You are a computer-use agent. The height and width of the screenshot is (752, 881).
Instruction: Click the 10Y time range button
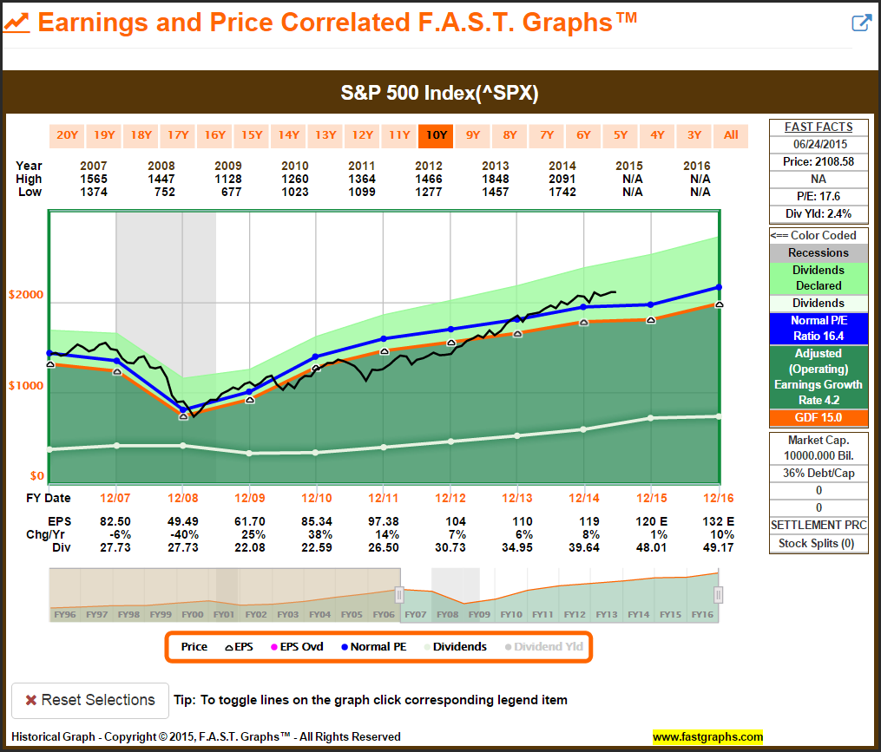pos(434,135)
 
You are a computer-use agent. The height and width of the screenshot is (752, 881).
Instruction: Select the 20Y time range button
pos(67,135)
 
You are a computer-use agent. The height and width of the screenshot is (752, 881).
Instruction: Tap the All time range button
pos(731,135)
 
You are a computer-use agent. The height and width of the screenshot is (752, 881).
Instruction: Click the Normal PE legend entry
pos(372,647)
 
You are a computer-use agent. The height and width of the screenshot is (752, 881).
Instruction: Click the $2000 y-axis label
pos(26,295)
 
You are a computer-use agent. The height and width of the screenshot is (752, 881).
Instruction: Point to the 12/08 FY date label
pos(181,499)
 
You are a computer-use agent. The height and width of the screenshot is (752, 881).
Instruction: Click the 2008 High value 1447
pos(161,179)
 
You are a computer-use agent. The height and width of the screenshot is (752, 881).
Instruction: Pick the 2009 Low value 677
pos(227,192)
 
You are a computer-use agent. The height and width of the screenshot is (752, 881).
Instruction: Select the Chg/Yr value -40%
pos(181,533)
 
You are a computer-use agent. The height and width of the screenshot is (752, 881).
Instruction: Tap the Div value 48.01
pos(651,548)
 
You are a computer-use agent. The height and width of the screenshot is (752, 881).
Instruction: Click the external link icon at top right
pos(860,23)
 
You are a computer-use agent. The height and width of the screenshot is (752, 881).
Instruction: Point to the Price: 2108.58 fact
pos(819,161)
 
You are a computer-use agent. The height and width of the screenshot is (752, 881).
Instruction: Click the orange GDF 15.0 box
pos(819,418)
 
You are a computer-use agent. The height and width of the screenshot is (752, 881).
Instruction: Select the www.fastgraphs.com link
pos(707,737)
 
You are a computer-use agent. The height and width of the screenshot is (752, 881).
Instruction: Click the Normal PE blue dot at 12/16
pos(719,287)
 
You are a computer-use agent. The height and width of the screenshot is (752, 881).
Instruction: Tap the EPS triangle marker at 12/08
pos(183,416)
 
